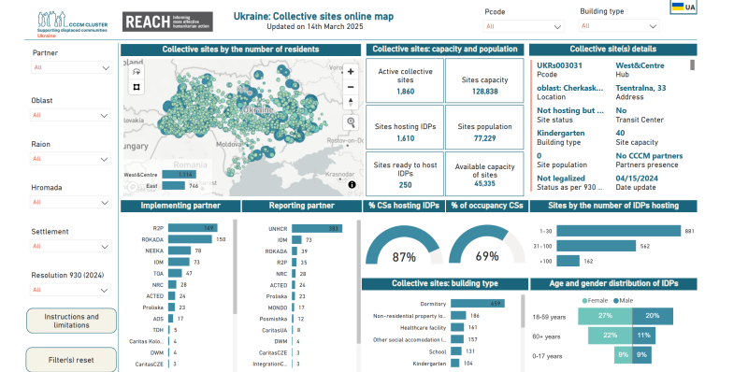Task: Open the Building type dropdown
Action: pyautogui.click(x=619, y=26)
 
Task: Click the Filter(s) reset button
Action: pyautogui.click(x=71, y=359)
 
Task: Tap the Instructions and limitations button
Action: pyautogui.click(x=71, y=321)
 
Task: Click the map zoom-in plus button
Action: pyautogui.click(x=351, y=71)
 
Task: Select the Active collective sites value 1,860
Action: pyautogui.click(x=405, y=92)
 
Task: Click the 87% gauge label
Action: pyautogui.click(x=404, y=256)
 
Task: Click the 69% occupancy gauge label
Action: pyautogui.click(x=486, y=256)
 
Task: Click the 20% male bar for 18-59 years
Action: pyautogui.click(x=652, y=316)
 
